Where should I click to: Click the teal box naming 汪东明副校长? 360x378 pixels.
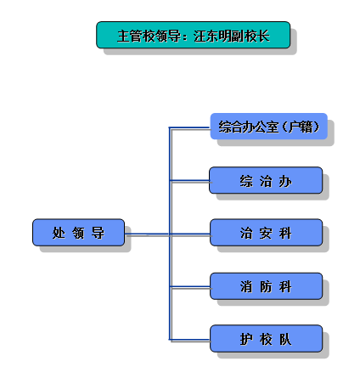(x=194, y=35)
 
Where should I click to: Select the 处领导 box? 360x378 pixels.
(x=78, y=233)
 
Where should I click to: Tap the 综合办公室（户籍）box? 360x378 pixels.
(x=269, y=127)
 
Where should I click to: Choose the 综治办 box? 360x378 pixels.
(x=266, y=180)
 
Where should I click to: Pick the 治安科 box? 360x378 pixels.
(x=266, y=233)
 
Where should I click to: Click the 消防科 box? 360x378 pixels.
(x=266, y=286)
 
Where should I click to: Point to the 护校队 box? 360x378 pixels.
(x=266, y=339)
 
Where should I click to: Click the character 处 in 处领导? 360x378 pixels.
(x=59, y=233)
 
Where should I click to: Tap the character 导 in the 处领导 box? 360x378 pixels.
(x=98, y=233)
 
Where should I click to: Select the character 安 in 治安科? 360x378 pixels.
(x=266, y=234)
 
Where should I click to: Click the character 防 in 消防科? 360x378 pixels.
(x=266, y=287)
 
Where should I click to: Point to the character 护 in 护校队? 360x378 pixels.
(x=246, y=339)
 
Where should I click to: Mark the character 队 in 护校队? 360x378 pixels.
(x=285, y=339)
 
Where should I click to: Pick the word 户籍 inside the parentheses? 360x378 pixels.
(x=301, y=127)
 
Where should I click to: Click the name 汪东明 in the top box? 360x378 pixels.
(x=212, y=36)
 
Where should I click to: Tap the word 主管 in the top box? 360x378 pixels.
(x=130, y=36)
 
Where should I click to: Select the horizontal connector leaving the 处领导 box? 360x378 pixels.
(x=147, y=234)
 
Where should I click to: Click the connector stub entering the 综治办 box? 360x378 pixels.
(x=189, y=180)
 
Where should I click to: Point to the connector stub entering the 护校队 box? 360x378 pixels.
(x=189, y=339)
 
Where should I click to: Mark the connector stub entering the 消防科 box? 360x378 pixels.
(x=190, y=287)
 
